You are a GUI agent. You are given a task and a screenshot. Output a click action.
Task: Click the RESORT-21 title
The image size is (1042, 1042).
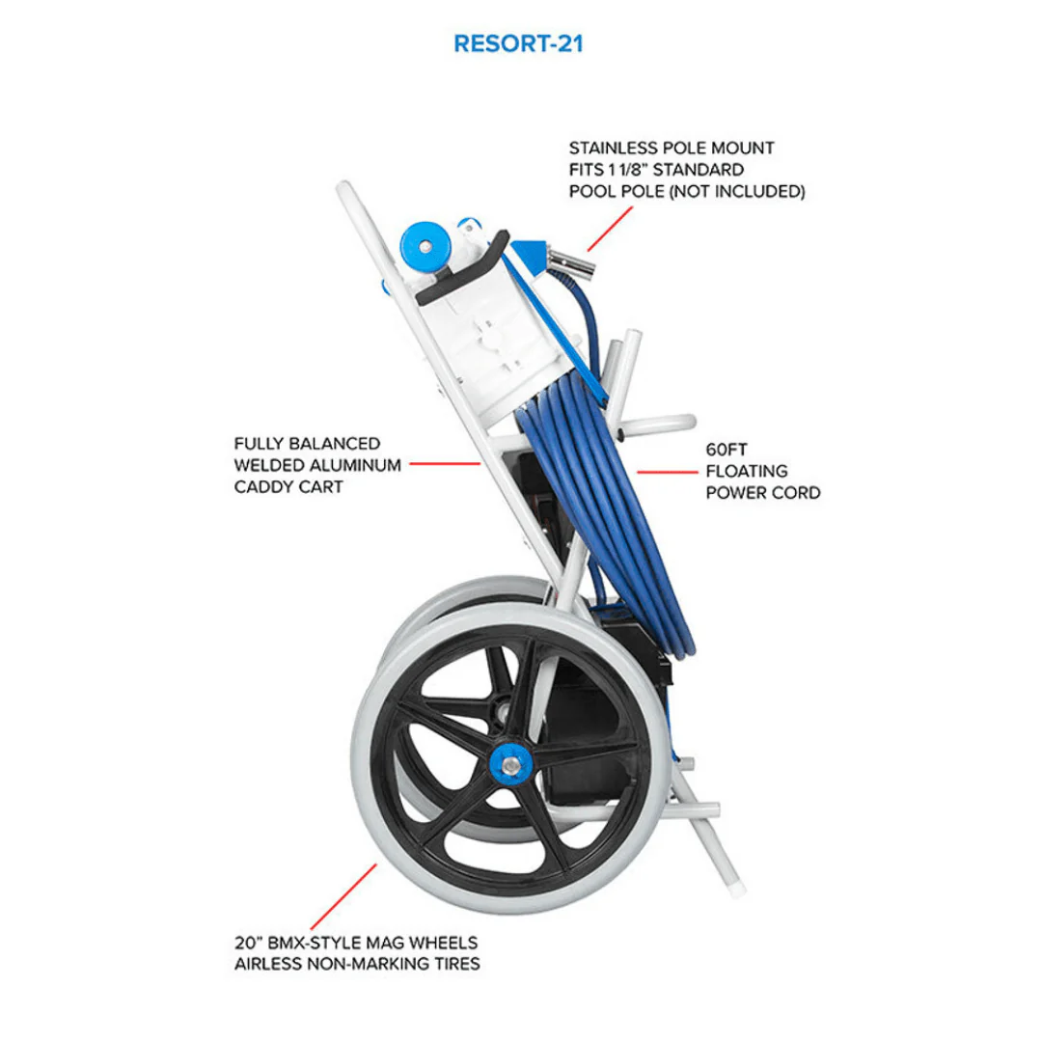click(518, 43)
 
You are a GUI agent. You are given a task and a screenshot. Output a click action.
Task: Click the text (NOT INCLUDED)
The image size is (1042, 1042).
click(737, 191)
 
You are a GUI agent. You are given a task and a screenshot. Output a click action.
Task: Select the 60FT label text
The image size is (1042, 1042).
click(727, 450)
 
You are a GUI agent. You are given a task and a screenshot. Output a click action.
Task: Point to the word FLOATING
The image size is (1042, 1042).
click(746, 471)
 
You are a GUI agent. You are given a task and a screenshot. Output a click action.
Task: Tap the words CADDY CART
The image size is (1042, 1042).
click(288, 487)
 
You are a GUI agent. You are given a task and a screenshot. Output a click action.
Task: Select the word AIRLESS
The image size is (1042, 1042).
click(268, 964)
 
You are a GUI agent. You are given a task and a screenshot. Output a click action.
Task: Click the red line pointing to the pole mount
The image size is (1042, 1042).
click(610, 229)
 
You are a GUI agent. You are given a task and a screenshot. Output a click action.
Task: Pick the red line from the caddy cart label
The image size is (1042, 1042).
click(445, 464)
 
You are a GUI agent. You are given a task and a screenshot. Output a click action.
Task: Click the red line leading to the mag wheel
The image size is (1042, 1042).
click(343, 896)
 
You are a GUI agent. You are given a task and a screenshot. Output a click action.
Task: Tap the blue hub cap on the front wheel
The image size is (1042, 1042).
click(509, 766)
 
